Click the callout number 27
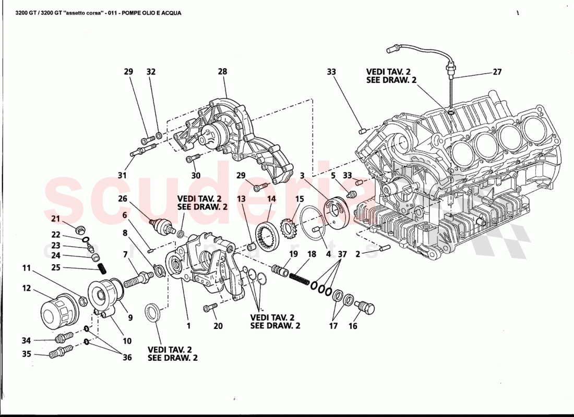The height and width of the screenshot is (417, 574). (x=497, y=72)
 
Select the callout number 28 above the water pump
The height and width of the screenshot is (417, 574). (x=223, y=71)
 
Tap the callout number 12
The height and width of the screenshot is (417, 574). (x=26, y=288)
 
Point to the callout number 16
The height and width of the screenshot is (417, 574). (x=353, y=326)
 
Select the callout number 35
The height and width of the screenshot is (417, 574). (x=26, y=354)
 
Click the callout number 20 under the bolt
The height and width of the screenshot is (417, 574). (x=218, y=326)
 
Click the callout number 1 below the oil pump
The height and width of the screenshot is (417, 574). (x=188, y=326)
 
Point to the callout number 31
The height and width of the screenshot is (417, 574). (x=122, y=175)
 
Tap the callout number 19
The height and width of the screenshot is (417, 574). (x=293, y=254)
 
